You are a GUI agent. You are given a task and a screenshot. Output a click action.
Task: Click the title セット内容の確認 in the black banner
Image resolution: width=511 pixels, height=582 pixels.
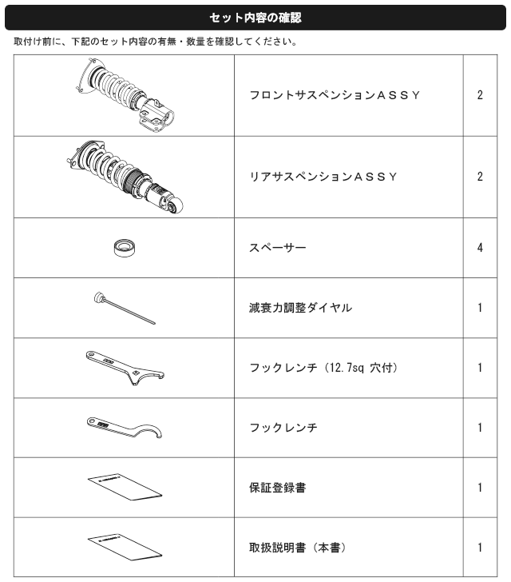(255, 18)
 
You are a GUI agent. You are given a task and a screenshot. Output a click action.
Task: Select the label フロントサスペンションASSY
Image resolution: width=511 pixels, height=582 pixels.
(335, 95)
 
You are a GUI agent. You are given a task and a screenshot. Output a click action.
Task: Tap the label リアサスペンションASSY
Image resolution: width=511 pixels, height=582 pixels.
(323, 177)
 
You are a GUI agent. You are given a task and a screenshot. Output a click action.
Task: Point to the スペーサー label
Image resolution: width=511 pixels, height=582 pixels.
(278, 248)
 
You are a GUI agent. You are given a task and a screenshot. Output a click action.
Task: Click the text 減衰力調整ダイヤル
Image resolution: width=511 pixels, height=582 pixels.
(301, 308)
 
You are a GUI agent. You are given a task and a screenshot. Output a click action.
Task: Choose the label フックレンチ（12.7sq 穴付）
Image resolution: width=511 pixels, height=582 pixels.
(323, 368)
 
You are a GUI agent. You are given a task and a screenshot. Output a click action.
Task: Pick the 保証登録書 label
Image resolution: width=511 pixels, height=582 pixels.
(278, 488)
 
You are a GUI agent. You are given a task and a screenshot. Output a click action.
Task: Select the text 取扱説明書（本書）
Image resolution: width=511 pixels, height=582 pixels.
(298, 548)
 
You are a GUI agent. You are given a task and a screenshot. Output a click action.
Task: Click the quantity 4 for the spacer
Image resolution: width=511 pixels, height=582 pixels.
(480, 248)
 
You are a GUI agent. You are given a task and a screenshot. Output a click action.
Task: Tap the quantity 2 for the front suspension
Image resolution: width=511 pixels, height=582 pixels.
(480, 95)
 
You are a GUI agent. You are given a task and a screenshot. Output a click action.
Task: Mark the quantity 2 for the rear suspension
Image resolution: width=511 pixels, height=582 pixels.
(480, 177)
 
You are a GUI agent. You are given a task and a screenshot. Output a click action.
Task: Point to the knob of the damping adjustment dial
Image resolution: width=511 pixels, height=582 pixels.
(100, 298)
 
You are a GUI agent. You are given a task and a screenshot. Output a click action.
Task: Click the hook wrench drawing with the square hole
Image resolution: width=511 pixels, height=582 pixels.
(125, 368)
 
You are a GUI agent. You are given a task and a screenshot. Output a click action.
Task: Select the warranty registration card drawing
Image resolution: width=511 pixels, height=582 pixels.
(125, 487)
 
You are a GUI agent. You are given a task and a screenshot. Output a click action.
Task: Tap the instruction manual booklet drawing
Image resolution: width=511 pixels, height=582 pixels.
(125, 547)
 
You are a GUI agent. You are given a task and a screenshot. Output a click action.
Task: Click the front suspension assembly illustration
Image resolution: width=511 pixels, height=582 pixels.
(125, 95)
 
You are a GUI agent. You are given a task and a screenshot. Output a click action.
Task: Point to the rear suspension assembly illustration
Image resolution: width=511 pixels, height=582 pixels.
(125, 177)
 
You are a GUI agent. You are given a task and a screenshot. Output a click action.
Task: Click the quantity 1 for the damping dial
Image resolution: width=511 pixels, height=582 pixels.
(480, 308)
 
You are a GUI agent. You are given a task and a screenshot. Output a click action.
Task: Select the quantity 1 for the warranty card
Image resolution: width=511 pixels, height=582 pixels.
(480, 488)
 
